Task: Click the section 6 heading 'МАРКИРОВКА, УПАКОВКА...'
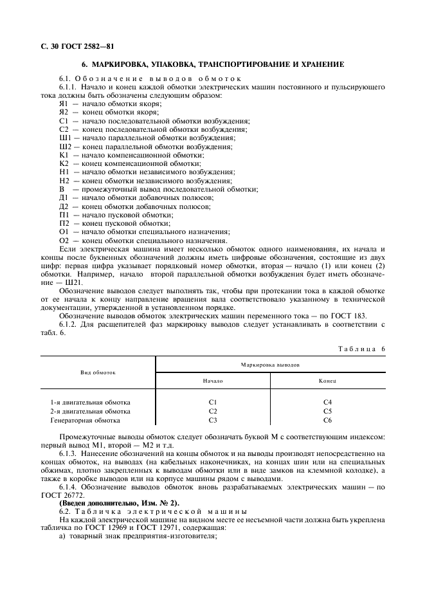point(213,64)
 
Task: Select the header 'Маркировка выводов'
point(270,364)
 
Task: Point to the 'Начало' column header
point(213,381)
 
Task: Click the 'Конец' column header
point(327,381)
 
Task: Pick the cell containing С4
point(327,402)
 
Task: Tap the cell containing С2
point(213,411)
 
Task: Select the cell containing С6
point(327,420)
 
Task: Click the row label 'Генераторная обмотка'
point(85,420)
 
